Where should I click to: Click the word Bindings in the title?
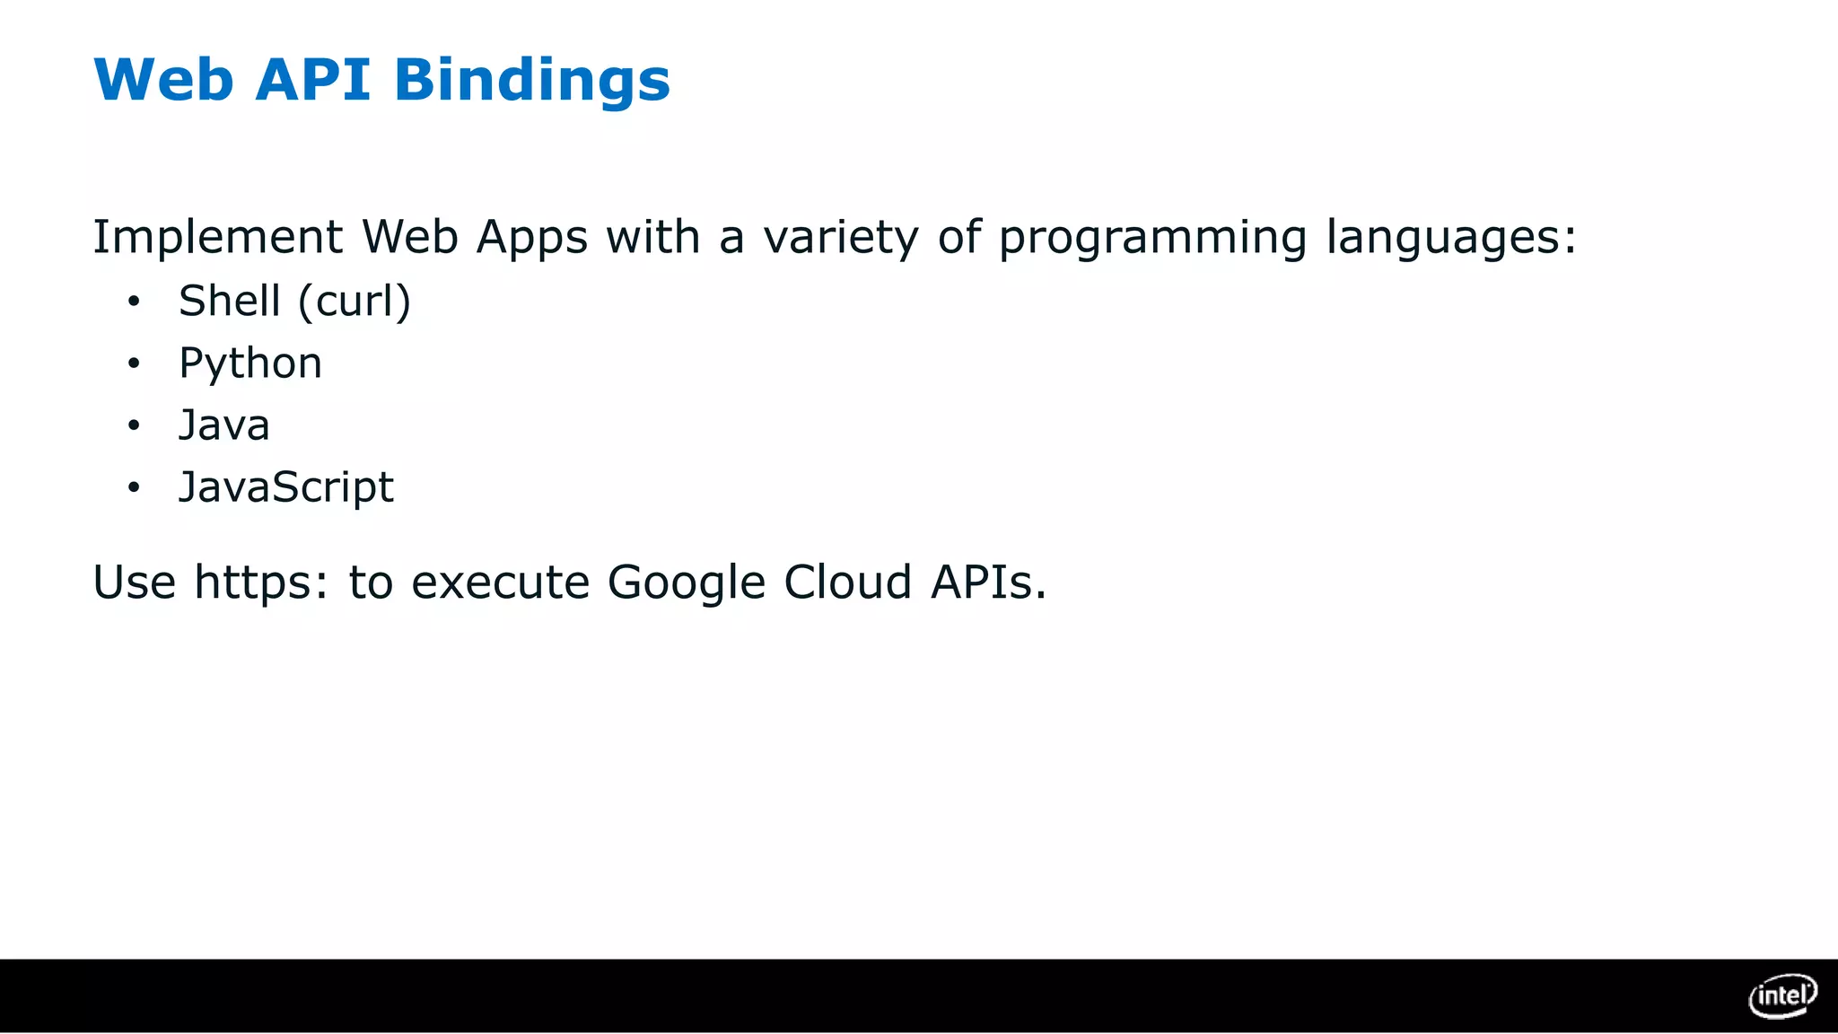pos(531,81)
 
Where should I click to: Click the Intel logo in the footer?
pos(1782,995)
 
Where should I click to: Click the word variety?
pos(841,238)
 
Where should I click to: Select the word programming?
pos(1152,238)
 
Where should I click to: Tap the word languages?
pos(1450,238)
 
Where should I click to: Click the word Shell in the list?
pos(230,301)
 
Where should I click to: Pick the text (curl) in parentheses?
pos(354,301)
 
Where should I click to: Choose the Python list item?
pos(250,364)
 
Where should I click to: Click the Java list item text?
pos(224,425)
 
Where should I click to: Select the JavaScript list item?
pos(286,487)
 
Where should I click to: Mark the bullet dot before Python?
pos(134,364)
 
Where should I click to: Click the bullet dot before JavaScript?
pos(134,487)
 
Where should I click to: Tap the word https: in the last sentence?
pos(261,583)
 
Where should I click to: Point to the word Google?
pos(687,583)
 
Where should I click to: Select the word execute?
pos(500,583)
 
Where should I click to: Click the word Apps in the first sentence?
pos(531,238)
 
